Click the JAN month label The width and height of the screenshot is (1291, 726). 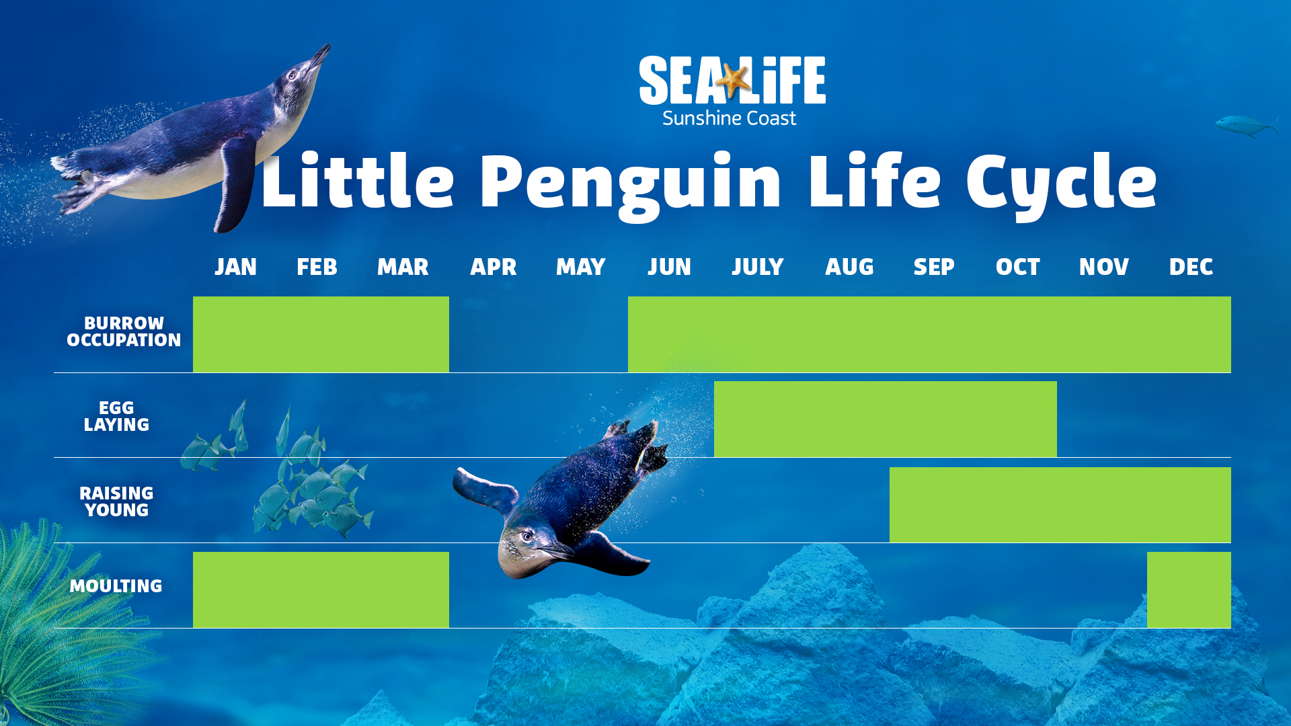click(235, 267)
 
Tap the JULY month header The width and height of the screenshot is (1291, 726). click(758, 267)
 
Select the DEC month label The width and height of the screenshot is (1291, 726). click(1191, 267)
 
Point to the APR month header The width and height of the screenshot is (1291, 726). click(493, 267)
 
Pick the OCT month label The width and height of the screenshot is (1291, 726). click(1017, 267)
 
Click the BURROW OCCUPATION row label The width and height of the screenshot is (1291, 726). click(124, 331)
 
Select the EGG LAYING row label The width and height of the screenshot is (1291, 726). click(116, 416)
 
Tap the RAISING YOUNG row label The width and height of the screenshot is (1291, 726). click(116, 501)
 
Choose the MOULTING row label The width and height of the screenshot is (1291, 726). click(116, 586)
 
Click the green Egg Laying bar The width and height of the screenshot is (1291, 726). click(885, 419)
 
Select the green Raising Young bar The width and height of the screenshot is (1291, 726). click(1060, 505)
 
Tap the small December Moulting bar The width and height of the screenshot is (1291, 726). click(1189, 590)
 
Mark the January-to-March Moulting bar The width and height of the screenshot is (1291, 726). click(321, 590)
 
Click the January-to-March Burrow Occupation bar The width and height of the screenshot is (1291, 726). click(321, 334)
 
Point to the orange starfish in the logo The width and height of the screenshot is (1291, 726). click(733, 79)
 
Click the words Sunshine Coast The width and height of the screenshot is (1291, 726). click(729, 118)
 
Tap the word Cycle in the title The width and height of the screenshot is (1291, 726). click(1061, 184)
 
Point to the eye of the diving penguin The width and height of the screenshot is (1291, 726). click(528, 536)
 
